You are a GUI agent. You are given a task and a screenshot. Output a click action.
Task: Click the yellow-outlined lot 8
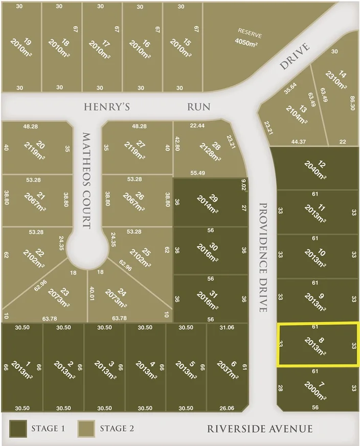317,344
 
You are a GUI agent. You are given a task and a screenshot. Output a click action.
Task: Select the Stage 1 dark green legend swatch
18,428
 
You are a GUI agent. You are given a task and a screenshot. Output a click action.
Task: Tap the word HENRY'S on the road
107,107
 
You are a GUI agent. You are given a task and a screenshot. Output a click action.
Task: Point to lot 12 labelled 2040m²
317,169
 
